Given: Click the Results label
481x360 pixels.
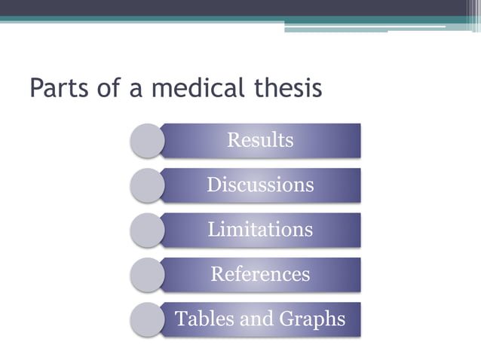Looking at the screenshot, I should pos(260,140).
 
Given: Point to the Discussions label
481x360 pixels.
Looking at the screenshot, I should pos(260,185).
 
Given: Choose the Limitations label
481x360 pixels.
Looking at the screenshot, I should pos(260,229).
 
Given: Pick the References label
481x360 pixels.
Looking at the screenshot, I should pos(260,273).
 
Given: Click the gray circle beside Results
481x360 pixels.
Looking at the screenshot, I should pos(146,140).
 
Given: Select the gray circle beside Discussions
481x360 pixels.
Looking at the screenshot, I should pos(146,185).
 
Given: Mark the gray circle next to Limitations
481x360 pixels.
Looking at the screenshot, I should pos(146,230).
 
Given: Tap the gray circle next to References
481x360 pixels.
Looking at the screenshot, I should pos(146,274).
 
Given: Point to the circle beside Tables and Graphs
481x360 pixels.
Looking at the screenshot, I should pos(146,319).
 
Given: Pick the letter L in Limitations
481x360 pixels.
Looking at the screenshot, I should pos(213,229).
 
